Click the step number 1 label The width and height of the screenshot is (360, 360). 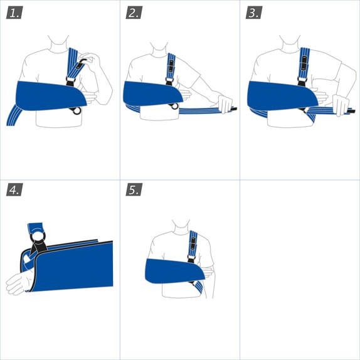pyautogui.click(x=15, y=13)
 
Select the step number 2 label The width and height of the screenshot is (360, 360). pyautogui.click(x=135, y=13)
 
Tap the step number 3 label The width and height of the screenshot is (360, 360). pyautogui.click(x=255, y=13)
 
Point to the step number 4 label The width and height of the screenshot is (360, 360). pyautogui.click(x=15, y=189)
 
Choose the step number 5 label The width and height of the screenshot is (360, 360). pyautogui.click(x=135, y=189)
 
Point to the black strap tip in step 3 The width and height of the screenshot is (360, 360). pyautogui.click(x=351, y=111)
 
